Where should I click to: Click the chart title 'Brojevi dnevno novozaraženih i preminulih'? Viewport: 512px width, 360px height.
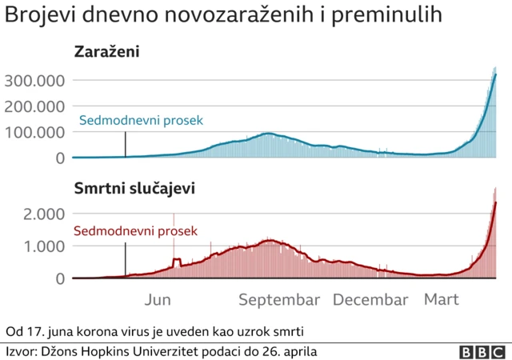coord(223,17)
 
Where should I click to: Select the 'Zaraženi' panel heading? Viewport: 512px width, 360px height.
coord(106,53)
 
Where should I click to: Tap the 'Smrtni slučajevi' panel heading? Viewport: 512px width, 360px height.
coord(134,189)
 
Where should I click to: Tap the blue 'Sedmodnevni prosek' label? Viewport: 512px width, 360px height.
coord(141,121)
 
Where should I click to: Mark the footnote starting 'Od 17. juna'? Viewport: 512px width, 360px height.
coord(155,331)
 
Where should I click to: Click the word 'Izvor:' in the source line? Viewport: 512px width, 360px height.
coord(22,351)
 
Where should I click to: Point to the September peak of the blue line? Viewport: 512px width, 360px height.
coord(268,134)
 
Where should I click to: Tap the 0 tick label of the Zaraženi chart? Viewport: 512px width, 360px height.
coord(59,158)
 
